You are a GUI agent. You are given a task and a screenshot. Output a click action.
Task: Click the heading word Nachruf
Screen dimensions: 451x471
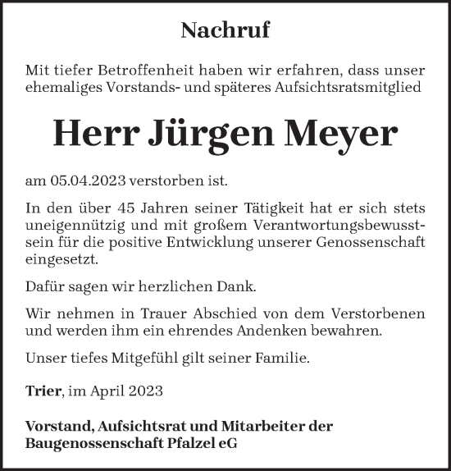pos(225,32)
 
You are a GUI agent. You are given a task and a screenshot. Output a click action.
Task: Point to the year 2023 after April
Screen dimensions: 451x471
pos(145,391)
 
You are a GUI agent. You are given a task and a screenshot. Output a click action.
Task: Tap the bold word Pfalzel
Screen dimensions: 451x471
pos(187,444)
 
